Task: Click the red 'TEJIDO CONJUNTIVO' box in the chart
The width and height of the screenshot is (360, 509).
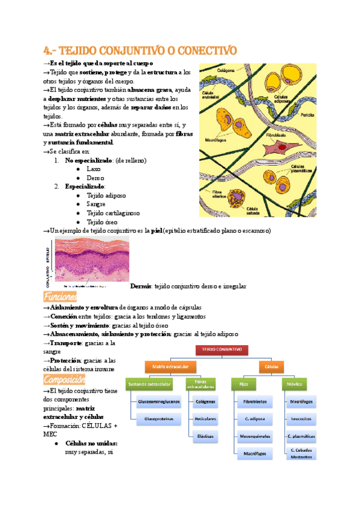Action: [221, 348]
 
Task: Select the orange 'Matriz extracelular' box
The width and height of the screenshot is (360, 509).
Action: [171, 366]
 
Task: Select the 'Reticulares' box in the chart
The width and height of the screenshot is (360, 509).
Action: [205, 418]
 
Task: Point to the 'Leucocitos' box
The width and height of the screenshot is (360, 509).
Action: [301, 418]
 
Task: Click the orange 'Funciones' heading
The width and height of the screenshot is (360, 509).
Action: [60, 297]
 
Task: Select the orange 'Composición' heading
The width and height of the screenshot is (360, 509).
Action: [64, 379]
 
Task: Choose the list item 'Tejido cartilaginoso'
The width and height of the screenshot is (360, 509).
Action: [113, 212]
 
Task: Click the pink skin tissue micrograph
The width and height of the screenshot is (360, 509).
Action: [91, 259]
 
